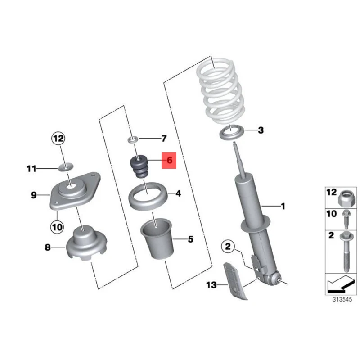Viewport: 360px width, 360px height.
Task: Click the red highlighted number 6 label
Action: click(x=169, y=160)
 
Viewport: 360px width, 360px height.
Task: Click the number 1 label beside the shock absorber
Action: click(x=283, y=207)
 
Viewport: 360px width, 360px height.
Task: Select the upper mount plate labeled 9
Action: click(x=72, y=192)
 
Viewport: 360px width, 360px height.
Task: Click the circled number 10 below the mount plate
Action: click(x=58, y=226)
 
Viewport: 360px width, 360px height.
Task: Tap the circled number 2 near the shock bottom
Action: click(x=228, y=246)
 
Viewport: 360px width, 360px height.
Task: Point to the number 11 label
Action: click(x=31, y=169)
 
